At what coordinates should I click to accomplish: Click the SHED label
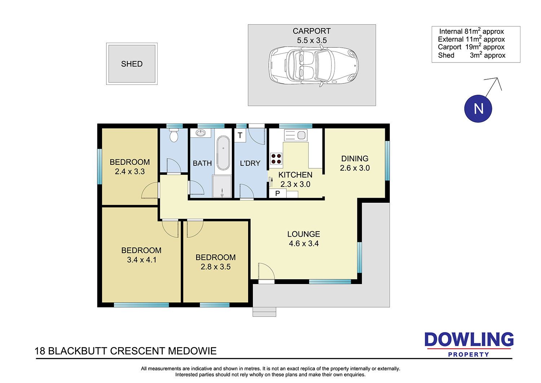pyautogui.click(x=132, y=64)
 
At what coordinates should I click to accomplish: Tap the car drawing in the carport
pyautogui.click(x=313, y=65)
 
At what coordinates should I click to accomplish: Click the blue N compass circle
pyautogui.click(x=478, y=109)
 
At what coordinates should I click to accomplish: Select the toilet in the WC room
pyautogui.click(x=174, y=135)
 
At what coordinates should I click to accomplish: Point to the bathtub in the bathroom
pyautogui.click(x=223, y=153)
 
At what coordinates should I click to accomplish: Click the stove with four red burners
pyautogui.click(x=276, y=159)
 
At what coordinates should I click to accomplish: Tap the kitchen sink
pyautogui.click(x=296, y=135)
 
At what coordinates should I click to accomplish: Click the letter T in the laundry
pyautogui.click(x=240, y=135)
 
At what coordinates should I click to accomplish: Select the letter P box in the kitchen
pyautogui.click(x=278, y=194)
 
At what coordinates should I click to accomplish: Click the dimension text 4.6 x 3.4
pyautogui.click(x=304, y=244)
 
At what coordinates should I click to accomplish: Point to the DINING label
pyautogui.click(x=355, y=159)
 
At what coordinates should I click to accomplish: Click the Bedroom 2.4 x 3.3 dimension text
pyautogui.click(x=130, y=172)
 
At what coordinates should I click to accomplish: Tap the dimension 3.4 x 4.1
pyautogui.click(x=142, y=260)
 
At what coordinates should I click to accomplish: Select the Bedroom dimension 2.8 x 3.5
pyautogui.click(x=216, y=267)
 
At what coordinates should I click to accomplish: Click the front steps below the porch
pyautogui.click(x=264, y=312)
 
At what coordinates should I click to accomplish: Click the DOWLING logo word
pyautogui.click(x=469, y=339)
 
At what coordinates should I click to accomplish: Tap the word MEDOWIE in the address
pyautogui.click(x=192, y=351)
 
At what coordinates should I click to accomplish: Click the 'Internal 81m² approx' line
pyautogui.click(x=471, y=31)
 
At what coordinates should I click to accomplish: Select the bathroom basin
pyautogui.click(x=201, y=133)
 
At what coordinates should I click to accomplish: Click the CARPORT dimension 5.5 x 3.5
pyautogui.click(x=312, y=40)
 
